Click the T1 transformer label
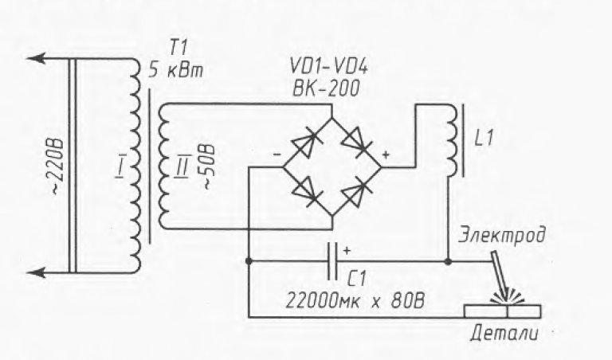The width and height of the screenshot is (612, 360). tap(178, 49)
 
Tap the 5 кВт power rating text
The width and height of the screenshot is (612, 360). tap(176, 71)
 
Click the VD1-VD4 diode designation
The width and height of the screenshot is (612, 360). tap(328, 68)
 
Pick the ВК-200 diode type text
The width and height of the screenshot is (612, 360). tap(326, 89)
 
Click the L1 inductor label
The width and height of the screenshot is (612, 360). tap(484, 139)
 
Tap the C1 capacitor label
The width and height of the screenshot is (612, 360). tap(356, 280)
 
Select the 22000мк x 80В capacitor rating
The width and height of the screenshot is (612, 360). tap(355, 301)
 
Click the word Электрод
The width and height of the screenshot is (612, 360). tap(501, 237)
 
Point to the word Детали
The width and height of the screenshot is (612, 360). tap(504, 334)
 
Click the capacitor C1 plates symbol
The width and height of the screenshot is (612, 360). tap(332, 261)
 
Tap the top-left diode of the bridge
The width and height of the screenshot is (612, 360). tap(307, 143)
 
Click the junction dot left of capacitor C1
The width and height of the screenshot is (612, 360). tap(249, 261)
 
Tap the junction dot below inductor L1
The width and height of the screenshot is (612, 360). tap(448, 261)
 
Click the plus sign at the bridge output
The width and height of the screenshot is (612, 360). tap(386, 155)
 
